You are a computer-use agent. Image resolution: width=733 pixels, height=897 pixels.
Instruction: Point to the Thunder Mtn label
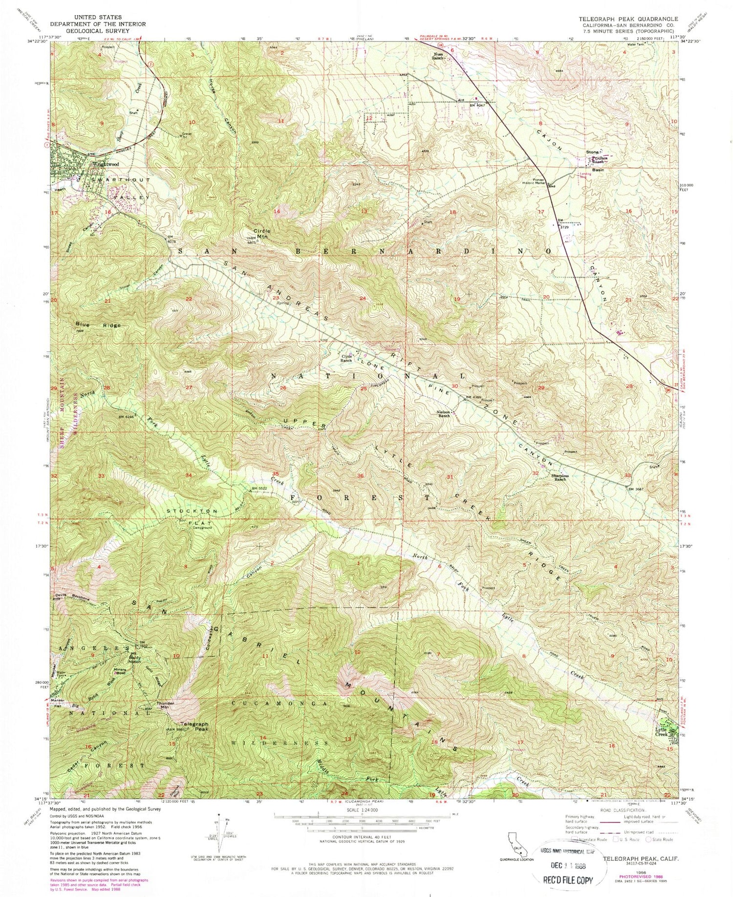(165, 705)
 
